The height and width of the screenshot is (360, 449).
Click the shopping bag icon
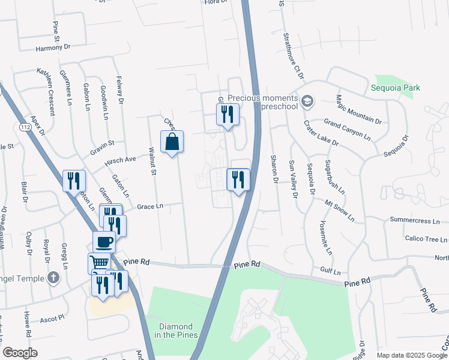(172, 142)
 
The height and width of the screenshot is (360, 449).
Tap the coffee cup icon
(104, 242)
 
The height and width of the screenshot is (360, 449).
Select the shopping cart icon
(99, 263)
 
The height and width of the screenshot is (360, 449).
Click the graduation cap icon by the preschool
(308, 100)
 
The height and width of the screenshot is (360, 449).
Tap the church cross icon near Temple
(53, 278)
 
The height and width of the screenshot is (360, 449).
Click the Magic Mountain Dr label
(359, 109)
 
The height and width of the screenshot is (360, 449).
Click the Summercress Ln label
(418, 220)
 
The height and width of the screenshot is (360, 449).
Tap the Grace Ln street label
(150, 206)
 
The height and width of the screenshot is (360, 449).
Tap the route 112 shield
(25, 127)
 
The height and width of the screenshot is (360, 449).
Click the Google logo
(20, 352)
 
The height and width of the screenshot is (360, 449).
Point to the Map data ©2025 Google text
(412, 355)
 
